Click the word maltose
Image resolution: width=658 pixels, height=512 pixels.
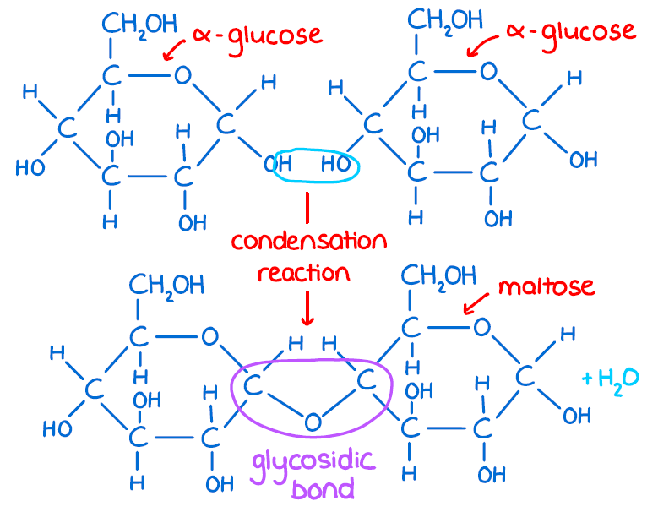[546, 286]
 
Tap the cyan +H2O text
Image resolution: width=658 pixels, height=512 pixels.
[610, 377]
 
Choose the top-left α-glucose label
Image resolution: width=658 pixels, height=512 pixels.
[257, 35]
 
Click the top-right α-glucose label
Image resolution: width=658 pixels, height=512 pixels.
[570, 32]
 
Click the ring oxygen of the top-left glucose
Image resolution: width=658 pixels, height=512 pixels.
[182, 76]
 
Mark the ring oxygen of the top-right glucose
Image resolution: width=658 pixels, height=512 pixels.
[488, 70]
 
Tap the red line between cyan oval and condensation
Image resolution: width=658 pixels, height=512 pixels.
[307, 206]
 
